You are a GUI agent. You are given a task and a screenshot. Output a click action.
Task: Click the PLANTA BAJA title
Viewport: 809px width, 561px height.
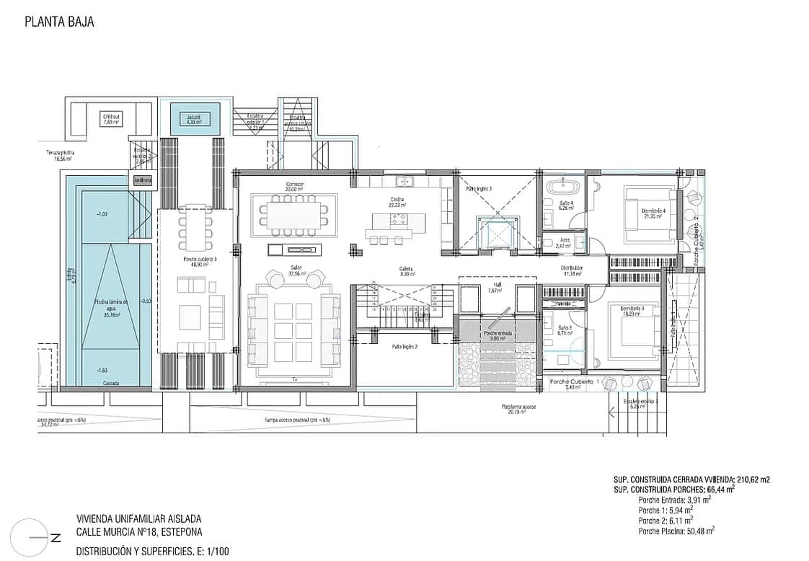(x=59, y=22)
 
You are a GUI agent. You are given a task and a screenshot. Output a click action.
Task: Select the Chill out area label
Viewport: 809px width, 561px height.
(x=110, y=118)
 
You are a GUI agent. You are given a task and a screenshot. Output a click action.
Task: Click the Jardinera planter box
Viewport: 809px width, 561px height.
(x=143, y=180)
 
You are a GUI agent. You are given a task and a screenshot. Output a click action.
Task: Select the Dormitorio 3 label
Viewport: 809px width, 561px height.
(x=632, y=311)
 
